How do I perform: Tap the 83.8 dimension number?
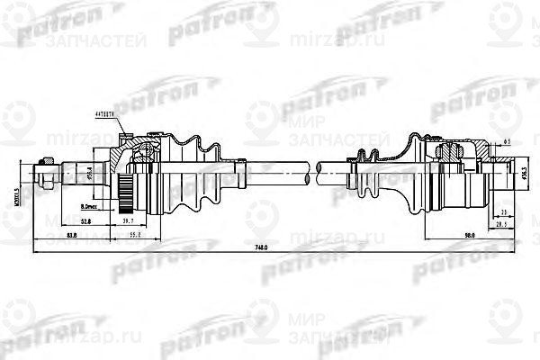tap(71, 236)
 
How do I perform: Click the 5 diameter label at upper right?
tap(508, 142)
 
